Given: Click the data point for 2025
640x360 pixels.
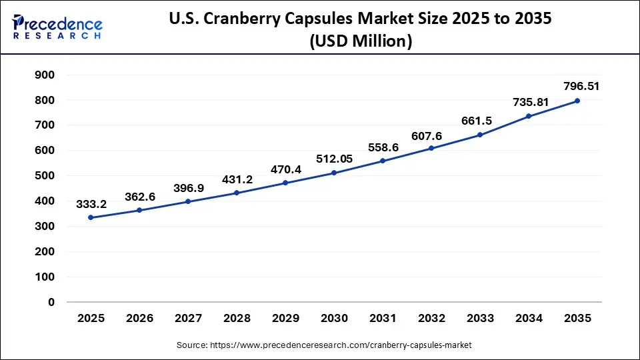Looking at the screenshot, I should coord(91,218).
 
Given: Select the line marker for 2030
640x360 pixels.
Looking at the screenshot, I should coord(334,173).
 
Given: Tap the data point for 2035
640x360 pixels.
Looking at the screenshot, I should coord(577,101).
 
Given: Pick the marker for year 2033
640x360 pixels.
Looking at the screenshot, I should coord(480,135).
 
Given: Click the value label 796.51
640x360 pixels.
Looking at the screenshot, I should coord(577,85).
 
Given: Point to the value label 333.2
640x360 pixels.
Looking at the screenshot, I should coord(91,203).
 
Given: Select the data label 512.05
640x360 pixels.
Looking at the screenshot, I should coord(334,158).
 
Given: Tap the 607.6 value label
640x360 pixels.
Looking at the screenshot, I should coord(431,133).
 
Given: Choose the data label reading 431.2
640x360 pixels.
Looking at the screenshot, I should coord(237,179).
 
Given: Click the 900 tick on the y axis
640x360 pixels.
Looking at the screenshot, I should coord(45,75).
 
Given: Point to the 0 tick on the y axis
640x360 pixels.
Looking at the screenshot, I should coord(51,302).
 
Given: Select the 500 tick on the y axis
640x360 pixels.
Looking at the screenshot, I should coord(45,176).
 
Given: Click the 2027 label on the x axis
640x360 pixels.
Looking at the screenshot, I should coord(188,319).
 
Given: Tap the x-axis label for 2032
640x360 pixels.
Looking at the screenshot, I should coord(431,319).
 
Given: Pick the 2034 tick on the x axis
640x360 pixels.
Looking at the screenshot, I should coord(529,319).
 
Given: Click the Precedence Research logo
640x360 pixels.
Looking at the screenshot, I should coord(57,27).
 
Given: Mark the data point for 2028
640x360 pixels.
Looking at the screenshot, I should coord(237,193).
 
